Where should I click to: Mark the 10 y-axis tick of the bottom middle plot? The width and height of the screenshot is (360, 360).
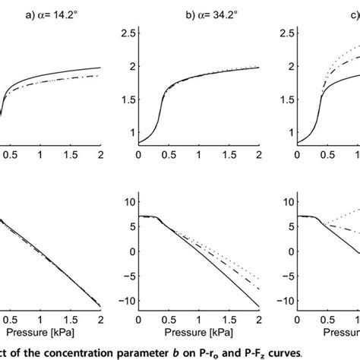(x=128, y=201)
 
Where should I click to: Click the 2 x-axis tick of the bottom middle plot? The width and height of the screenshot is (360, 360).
(x=258, y=318)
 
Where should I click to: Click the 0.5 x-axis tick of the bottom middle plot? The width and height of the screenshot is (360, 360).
(x=169, y=318)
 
